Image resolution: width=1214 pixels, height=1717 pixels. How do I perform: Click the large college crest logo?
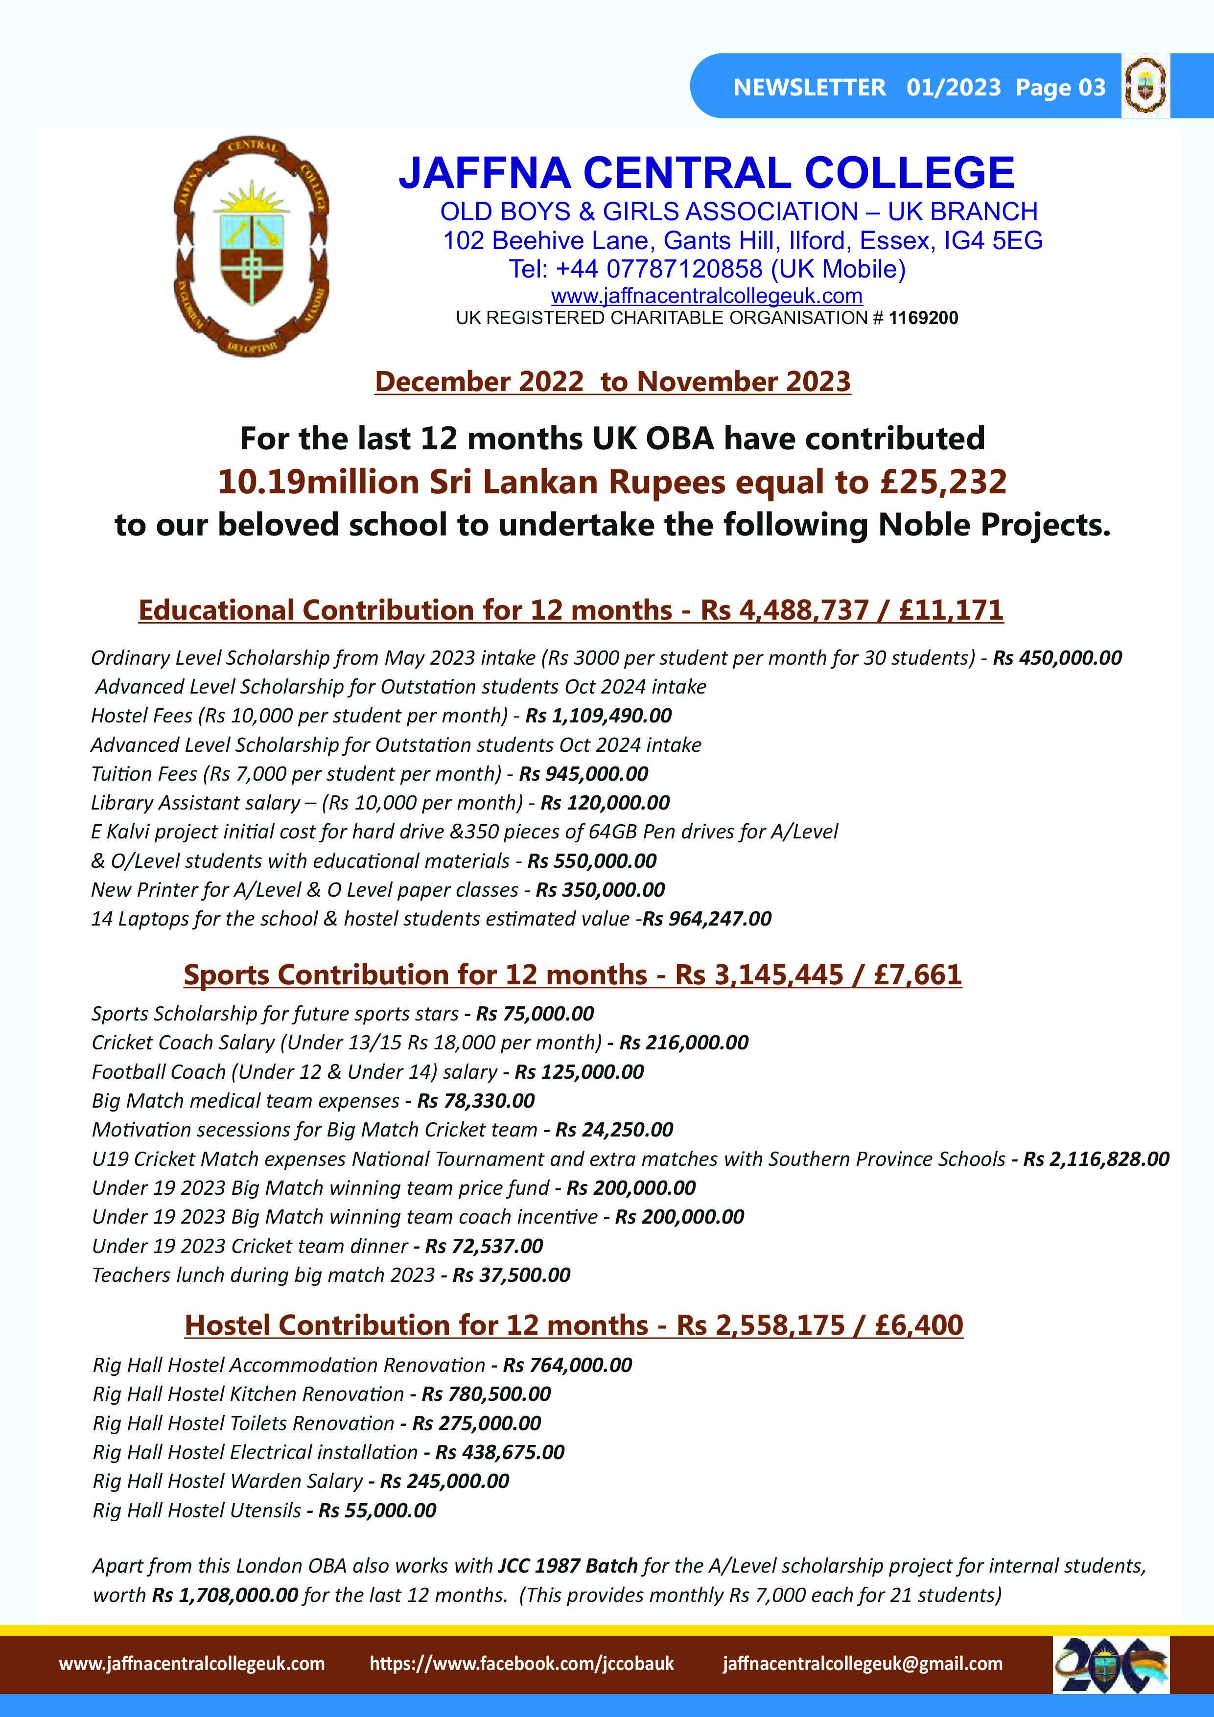252,247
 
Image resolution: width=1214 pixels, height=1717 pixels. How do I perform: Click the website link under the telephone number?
707,296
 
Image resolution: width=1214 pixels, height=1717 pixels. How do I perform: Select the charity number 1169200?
923,318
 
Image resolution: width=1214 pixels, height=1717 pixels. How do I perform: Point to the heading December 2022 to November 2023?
612,381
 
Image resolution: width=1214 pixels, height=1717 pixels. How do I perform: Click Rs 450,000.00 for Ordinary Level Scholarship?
1057,658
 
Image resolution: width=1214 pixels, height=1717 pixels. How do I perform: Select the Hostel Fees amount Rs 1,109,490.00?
598,716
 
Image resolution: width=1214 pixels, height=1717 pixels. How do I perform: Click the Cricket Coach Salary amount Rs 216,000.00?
684,1043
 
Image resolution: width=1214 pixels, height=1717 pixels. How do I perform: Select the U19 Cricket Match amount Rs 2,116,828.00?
1096,1159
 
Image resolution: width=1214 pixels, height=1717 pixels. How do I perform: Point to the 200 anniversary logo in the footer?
1111,1665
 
